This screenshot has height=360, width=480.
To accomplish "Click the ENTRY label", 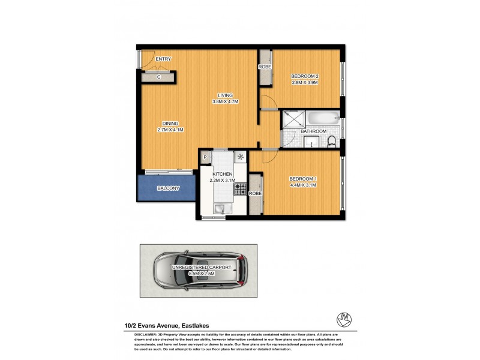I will [x=163, y=59].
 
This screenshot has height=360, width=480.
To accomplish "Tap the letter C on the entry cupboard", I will [x=159, y=77].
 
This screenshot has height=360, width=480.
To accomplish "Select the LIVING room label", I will [x=226, y=95].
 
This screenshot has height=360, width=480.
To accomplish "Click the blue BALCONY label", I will [x=168, y=188].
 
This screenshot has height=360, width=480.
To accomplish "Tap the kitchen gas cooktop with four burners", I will [x=241, y=188].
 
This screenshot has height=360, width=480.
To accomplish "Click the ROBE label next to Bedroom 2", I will [x=265, y=67].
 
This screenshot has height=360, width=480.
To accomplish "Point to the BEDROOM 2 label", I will [x=304, y=76].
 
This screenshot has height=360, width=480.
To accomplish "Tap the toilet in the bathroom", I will [x=331, y=142].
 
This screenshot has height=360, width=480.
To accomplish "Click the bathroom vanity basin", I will [x=312, y=142].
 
